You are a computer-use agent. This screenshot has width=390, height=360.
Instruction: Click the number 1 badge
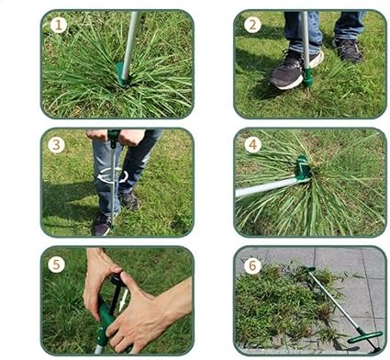[59, 25]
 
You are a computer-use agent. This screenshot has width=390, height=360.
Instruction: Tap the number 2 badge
[252, 25]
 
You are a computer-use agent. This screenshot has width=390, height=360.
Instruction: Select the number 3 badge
[56, 144]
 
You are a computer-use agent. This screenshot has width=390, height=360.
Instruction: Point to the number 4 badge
[253, 144]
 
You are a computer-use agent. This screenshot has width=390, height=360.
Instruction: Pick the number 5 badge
[56, 264]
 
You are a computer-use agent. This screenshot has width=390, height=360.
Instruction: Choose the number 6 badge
[252, 265]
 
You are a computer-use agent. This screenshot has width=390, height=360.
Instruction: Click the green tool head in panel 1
[122, 74]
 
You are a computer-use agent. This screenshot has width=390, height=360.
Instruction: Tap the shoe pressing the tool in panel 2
[294, 71]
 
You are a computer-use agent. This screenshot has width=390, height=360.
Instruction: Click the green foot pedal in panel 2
[307, 77]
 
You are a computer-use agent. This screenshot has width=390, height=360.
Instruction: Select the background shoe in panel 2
[348, 50]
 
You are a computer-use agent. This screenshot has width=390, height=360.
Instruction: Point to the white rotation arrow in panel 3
[113, 176]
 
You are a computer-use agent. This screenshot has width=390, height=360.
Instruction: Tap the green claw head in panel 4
[302, 168]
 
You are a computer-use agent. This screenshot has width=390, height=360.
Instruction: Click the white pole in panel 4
[266, 187]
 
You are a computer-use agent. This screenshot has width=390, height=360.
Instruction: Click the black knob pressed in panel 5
[117, 279]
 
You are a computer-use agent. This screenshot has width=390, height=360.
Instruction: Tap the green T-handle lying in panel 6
[365, 336]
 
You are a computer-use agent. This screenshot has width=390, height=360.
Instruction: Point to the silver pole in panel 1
[131, 44]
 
